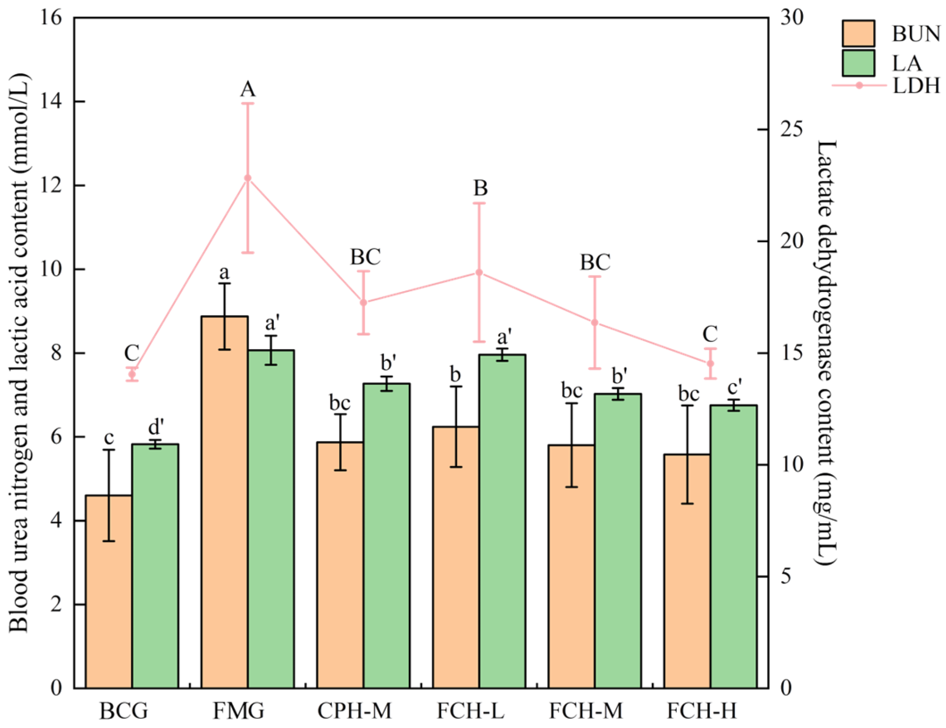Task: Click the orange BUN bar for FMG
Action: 224,502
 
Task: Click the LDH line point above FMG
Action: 248,178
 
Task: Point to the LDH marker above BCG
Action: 132,374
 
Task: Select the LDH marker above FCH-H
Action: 710,363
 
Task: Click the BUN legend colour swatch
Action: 858,33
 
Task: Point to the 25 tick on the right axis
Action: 792,129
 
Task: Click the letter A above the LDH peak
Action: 248,89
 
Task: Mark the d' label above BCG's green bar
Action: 156,427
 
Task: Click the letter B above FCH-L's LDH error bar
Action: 480,188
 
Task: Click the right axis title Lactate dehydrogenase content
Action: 826,352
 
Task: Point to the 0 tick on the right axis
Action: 786,688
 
